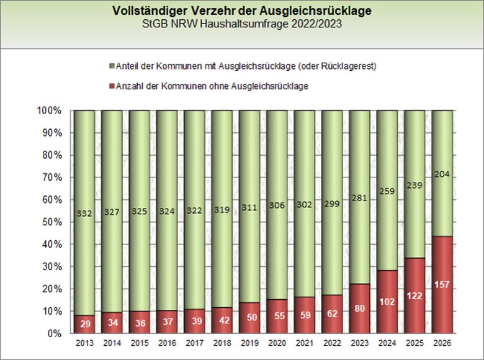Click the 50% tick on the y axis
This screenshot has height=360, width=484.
50,222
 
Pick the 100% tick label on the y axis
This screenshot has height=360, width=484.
48,110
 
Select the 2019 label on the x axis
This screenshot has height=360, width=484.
249,343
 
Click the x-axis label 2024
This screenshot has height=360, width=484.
387,343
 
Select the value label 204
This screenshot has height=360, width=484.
442,175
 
